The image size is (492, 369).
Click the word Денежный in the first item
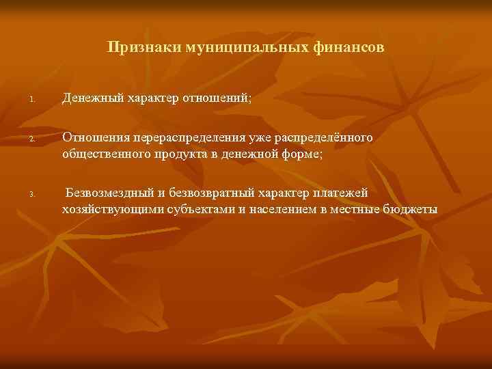[90, 100]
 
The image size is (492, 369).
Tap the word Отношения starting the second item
[94, 139]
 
